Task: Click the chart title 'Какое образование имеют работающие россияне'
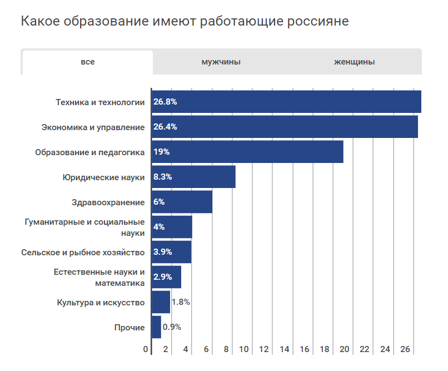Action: (x=185, y=22)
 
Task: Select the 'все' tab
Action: (x=87, y=62)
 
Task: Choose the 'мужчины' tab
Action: (x=221, y=62)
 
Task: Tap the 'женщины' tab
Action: (x=354, y=62)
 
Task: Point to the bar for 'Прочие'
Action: (x=156, y=327)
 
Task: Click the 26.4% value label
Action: (x=165, y=127)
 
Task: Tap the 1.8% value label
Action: (x=181, y=302)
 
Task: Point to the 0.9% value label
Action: (x=172, y=327)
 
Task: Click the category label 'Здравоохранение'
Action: (x=108, y=202)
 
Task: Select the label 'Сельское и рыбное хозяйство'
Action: (x=83, y=252)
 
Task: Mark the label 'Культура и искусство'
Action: (x=101, y=302)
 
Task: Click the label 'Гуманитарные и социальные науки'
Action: (x=85, y=227)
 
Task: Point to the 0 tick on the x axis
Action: (x=146, y=349)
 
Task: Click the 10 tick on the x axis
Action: (x=244, y=349)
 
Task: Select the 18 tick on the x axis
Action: (x=325, y=349)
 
